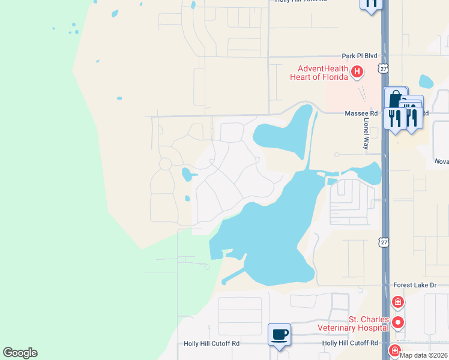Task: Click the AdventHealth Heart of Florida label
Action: click(319, 73)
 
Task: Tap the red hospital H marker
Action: click(357, 73)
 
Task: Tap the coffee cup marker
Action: click(279, 334)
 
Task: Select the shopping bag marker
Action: click(396, 98)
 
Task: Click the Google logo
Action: click(20, 353)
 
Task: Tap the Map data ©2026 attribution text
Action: click(424, 355)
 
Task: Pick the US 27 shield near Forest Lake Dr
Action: click(383, 241)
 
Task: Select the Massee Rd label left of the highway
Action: click(361, 113)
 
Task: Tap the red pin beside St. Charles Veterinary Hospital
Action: click(397, 323)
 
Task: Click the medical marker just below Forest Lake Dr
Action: click(397, 302)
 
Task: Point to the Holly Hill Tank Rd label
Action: click(301, 1)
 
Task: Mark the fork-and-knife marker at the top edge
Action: click(371, 3)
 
